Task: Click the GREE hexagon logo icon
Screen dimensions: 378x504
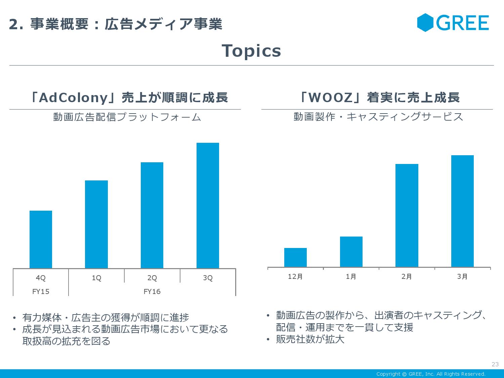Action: [x=425, y=23]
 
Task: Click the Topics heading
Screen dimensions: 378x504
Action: [x=251, y=51]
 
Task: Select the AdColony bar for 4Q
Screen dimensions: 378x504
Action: [x=41, y=239]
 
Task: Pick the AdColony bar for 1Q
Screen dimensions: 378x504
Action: [x=96, y=224]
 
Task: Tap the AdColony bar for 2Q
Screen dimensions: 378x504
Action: [x=152, y=215]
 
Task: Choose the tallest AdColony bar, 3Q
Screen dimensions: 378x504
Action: [x=208, y=205]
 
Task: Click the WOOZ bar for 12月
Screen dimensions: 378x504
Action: [x=295, y=257]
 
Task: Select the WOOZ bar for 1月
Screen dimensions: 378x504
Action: [x=351, y=252]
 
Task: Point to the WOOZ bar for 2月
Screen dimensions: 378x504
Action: [x=407, y=215]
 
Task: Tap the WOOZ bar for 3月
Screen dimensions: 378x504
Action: [x=462, y=211]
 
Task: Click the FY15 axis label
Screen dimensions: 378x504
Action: [x=41, y=292]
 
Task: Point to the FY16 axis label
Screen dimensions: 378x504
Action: [x=152, y=292]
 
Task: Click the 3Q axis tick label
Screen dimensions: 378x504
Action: [x=208, y=278]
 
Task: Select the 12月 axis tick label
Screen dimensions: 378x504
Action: [x=295, y=277]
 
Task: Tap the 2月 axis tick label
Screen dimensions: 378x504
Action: [x=407, y=277]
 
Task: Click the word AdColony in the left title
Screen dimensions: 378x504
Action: [x=73, y=98]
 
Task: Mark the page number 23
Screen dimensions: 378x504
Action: [x=495, y=364]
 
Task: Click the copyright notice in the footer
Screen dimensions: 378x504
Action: [x=431, y=374]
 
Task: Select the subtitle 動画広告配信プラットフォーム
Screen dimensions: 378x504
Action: [x=127, y=117]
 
